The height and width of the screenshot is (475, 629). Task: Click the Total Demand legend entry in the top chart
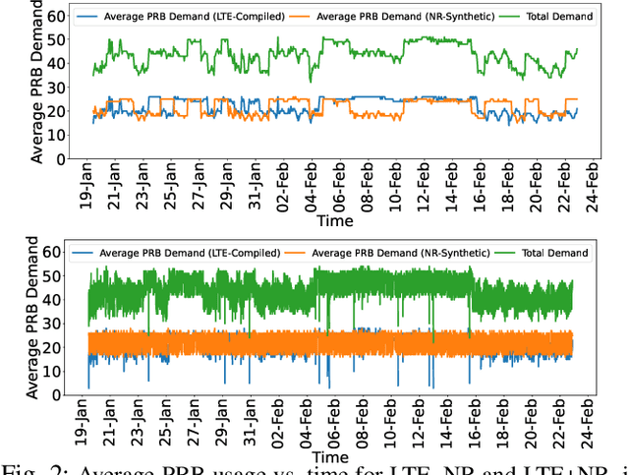tap(560, 16)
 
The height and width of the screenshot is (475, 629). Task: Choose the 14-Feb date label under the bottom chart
tap(450, 425)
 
